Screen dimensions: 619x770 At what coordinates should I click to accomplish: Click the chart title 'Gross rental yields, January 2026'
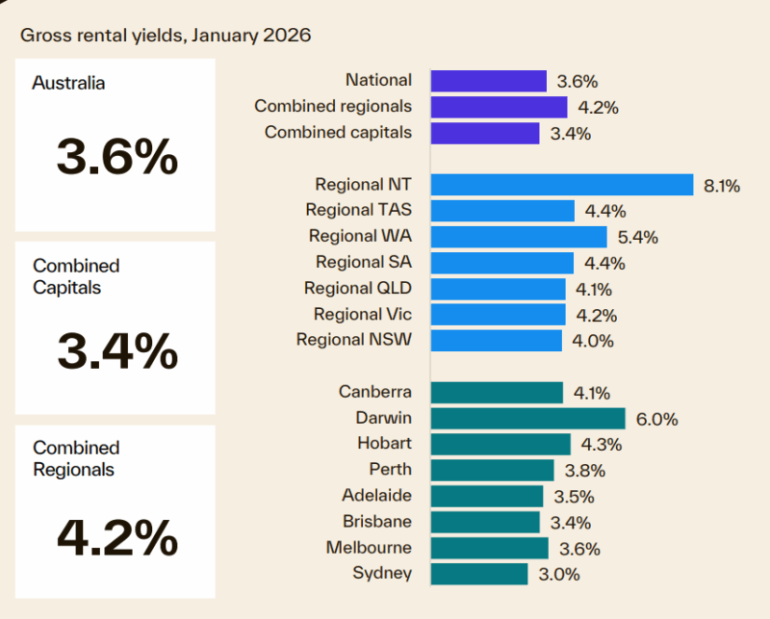tap(166, 36)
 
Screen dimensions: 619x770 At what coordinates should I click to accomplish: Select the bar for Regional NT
tap(562, 185)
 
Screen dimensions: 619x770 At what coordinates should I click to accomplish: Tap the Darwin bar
tap(527, 418)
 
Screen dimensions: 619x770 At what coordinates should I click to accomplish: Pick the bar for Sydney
tap(479, 574)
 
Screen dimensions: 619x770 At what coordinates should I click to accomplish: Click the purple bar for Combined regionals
tap(499, 107)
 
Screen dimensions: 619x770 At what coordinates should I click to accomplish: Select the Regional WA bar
tap(519, 237)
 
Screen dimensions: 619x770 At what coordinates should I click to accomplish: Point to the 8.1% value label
tap(721, 186)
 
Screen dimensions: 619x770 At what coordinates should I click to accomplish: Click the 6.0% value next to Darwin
tap(658, 419)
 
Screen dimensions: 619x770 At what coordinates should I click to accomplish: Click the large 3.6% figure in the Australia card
tap(116, 156)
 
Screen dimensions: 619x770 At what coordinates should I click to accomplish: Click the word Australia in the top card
tap(69, 83)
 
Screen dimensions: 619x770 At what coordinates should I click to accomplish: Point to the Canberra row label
tap(375, 392)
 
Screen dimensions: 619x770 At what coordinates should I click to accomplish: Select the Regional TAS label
tap(358, 210)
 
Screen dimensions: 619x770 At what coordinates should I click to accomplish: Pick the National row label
tap(378, 81)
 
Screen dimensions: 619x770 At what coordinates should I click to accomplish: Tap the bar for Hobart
tap(500, 444)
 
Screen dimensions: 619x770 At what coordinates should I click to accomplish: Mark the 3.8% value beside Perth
tap(586, 471)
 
